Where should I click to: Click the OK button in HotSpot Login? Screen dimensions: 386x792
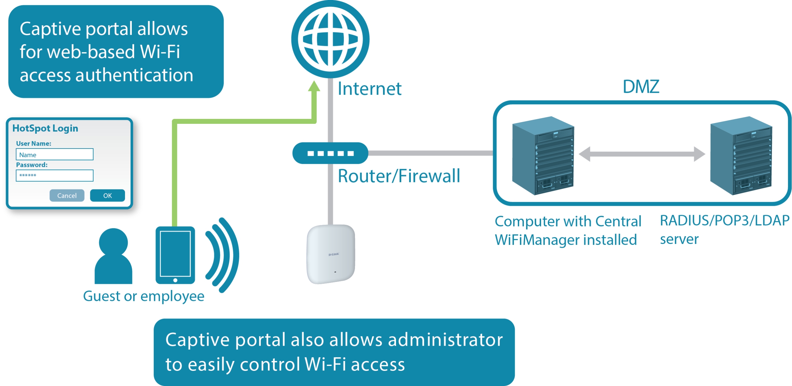[107, 195]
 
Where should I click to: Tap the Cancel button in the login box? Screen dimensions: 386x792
[67, 195]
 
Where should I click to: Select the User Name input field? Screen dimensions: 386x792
[54, 154]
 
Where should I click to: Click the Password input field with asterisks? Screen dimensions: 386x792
[54, 176]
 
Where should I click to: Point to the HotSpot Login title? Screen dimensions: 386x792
[45, 128]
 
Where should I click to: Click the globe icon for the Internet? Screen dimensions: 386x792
[330, 39]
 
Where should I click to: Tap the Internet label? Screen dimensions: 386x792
[369, 89]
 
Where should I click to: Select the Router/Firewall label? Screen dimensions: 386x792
[399, 176]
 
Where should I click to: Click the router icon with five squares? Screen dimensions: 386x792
[330, 153]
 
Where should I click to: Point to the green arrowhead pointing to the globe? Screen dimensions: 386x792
[314, 86]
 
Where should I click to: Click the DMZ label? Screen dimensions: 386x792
[641, 87]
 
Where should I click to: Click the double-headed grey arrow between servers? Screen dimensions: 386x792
[642, 154]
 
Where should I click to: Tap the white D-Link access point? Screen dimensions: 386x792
[331, 254]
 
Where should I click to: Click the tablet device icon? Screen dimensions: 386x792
[175, 255]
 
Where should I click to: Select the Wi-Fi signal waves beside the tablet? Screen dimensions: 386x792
[222, 255]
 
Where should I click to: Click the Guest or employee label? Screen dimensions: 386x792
[144, 296]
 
